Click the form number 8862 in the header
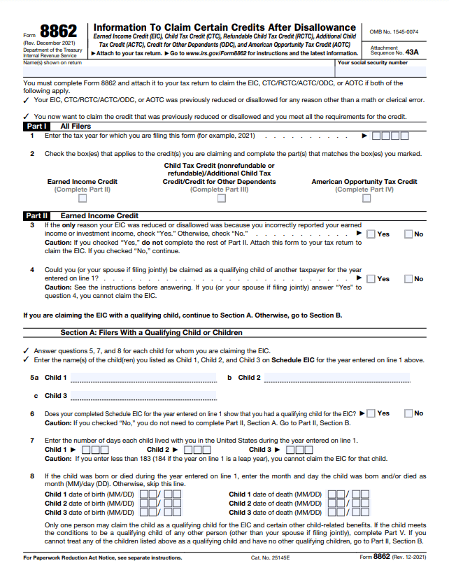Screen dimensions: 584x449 click(x=59, y=32)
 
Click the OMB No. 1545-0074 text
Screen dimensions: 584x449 click(x=394, y=32)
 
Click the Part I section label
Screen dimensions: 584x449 click(x=36, y=127)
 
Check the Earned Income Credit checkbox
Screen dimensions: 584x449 click(x=82, y=199)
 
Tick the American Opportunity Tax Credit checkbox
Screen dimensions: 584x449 click(x=366, y=199)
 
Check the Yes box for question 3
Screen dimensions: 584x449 click(x=371, y=234)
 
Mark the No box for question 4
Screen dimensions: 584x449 click(x=408, y=278)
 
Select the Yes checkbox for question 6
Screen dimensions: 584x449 click(x=371, y=413)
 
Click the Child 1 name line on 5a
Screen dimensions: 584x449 click(x=143, y=378)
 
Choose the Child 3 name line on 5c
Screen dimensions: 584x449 click(x=143, y=396)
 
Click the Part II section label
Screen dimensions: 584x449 click(x=36, y=216)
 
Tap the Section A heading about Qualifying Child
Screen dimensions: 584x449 click(x=151, y=332)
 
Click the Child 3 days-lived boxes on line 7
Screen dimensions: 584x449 click(x=299, y=450)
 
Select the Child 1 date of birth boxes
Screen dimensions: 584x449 click(x=161, y=494)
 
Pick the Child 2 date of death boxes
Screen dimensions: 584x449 click(x=348, y=503)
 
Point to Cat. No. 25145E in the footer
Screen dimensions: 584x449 click(x=269, y=557)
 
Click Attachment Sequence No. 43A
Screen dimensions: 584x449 click(x=394, y=50)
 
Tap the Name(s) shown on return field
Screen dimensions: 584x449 click(x=168, y=71)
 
